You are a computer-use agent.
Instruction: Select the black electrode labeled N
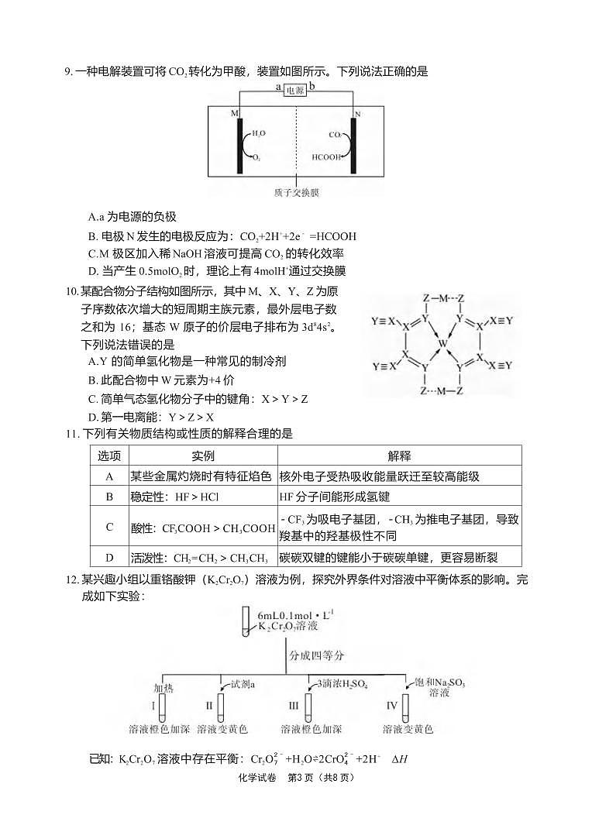tap(354, 145)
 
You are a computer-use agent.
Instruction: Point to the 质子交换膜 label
tap(297, 192)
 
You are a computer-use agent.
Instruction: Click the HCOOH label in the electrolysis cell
tap(326, 156)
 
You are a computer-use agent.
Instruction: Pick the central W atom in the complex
tap(441, 342)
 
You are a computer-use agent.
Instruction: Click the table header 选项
tap(109, 456)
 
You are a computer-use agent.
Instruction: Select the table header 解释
tap(399, 456)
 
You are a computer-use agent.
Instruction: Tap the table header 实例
tap(202, 456)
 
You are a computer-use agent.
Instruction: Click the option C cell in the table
tap(109, 527)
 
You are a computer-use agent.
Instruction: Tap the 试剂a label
tap(243, 684)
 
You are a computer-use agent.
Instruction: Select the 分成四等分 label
tap(317, 655)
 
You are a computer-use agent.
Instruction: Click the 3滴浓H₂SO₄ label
tap(342, 684)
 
